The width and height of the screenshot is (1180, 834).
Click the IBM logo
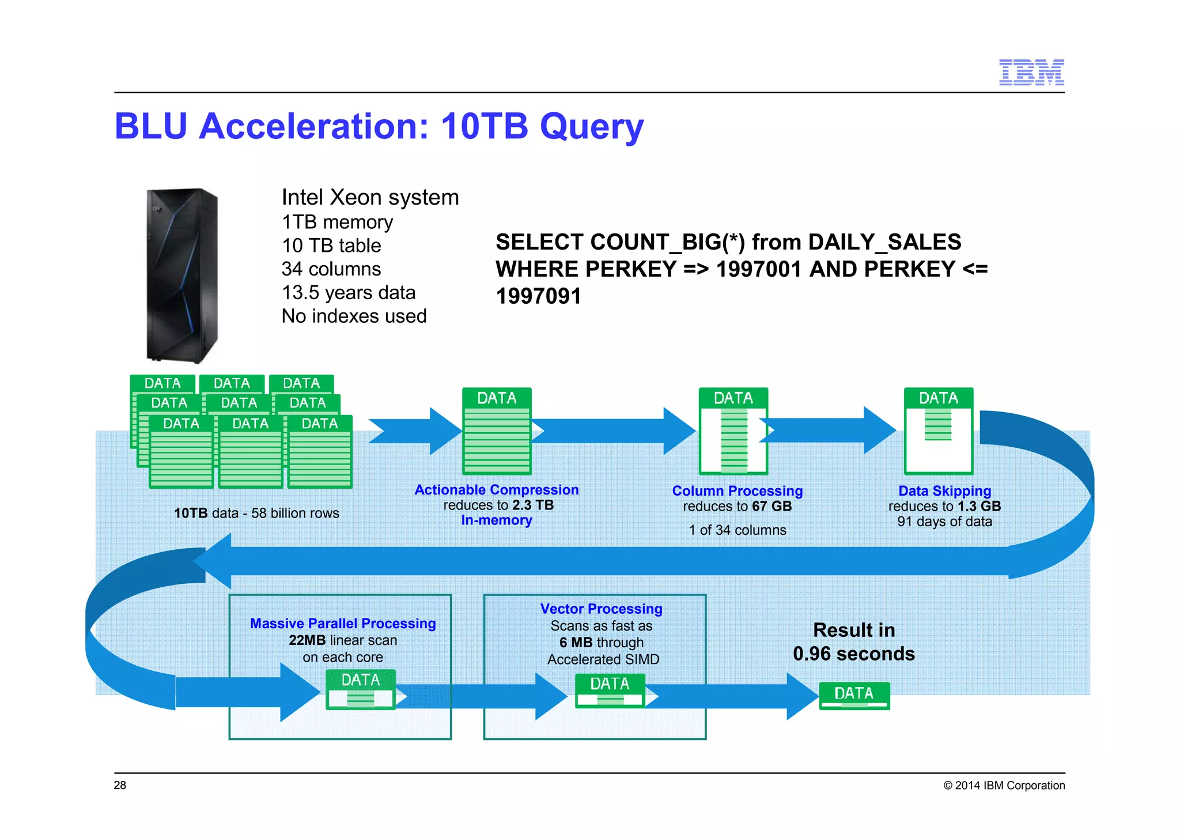click(1031, 73)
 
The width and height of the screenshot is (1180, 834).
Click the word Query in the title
click(592, 127)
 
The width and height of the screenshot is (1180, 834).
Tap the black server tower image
click(182, 275)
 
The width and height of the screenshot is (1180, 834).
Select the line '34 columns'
click(331, 269)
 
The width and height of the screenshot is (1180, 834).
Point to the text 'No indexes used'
click(354, 316)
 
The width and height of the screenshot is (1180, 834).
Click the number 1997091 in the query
click(539, 296)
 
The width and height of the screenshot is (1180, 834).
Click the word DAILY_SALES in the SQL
click(884, 242)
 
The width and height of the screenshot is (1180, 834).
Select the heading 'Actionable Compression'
click(496, 490)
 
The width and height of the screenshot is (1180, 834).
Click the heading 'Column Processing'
click(737, 491)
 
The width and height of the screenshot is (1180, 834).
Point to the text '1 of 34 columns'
click(737, 530)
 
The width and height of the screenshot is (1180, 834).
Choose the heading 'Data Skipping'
click(944, 491)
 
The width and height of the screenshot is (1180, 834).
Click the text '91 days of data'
click(944, 522)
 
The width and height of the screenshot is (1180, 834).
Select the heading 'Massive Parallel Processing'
click(343, 624)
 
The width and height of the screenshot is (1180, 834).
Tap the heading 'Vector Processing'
click(601, 609)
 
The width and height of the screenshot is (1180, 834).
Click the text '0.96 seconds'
click(853, 654)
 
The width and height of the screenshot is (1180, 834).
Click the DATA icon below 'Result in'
click(854, 695)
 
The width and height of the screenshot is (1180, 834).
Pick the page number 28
click(120, 786)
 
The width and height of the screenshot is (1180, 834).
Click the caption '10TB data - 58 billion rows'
click(256, 514)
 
